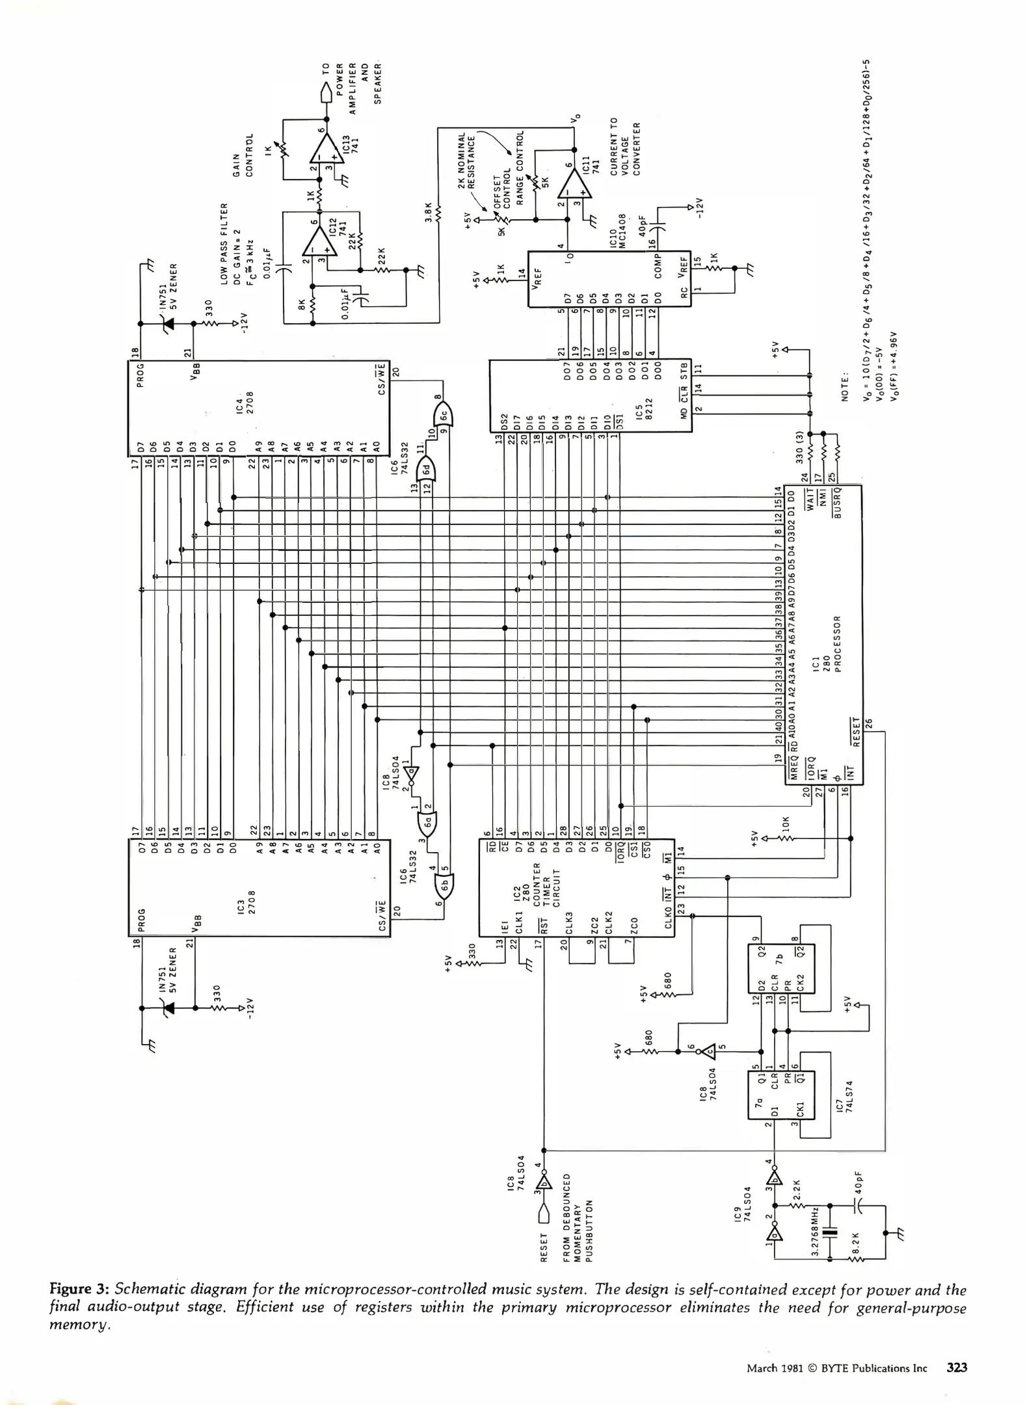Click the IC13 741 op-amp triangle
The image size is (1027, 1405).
point(325,152)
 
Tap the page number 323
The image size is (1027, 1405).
point(957,1367)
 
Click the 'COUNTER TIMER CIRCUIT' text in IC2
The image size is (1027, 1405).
point(546,884)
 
